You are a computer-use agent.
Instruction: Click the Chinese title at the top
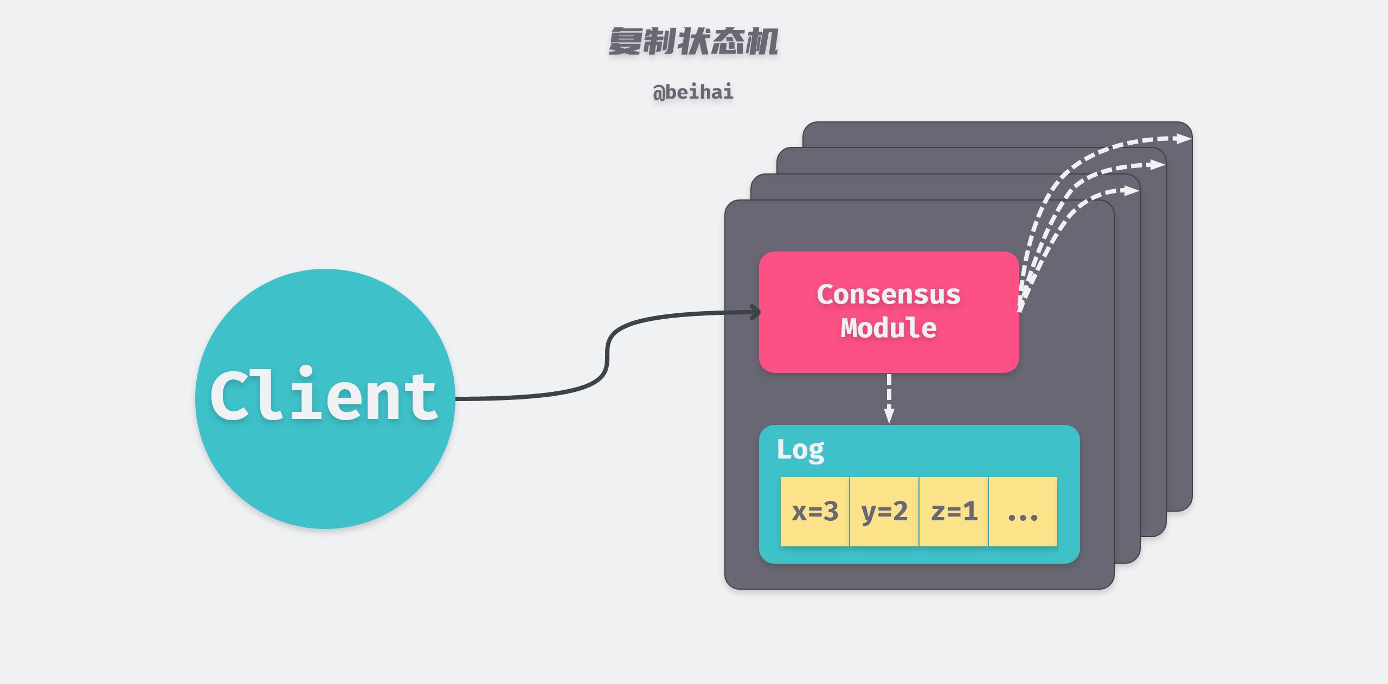[693, 42]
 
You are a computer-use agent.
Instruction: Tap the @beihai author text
[693, 92]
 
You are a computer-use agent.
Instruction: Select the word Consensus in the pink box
[888, 295]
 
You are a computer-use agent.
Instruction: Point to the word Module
[888, 328]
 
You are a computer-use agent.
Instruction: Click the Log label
[800, 450]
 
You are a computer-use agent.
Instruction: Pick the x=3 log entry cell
[814, 512]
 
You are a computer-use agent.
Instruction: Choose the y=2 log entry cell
[884, 512]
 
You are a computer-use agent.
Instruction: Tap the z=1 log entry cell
[954, 512]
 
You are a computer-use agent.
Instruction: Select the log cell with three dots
[1023, 512]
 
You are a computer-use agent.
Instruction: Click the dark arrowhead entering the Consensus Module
[755, 312]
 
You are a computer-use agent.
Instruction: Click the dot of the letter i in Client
[306, 371]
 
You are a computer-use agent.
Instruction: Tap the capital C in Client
[232, 396]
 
